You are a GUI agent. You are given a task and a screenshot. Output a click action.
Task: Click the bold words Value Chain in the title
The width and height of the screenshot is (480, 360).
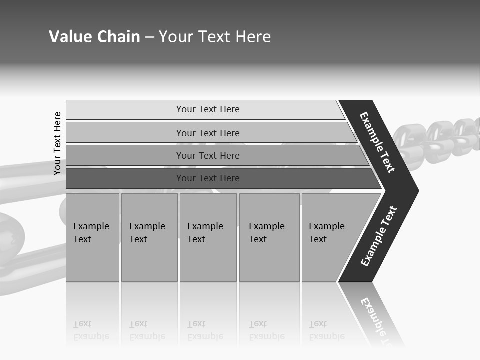point(94,37)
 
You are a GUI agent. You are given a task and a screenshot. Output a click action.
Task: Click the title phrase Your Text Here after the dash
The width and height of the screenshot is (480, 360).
point(215,37)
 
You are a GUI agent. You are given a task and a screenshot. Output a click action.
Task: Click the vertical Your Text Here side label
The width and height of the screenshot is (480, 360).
point(57,143)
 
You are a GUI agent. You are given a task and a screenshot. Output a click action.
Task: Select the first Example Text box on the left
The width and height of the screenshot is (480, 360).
point(92,237)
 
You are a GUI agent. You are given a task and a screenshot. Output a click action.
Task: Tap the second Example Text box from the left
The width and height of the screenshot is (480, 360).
point(149,237)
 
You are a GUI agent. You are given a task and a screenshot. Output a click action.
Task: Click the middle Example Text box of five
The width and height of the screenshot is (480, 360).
point(208,237)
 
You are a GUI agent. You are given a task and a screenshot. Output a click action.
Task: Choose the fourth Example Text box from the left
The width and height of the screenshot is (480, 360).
point(269,237)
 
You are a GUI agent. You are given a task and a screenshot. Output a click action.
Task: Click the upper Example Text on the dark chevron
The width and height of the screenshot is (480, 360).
point(377,142)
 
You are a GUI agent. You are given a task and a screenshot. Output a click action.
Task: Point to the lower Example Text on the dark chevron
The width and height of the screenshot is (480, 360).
point(379,236)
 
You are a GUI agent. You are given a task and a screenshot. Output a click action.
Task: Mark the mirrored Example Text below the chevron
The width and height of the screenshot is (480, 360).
point(377,320)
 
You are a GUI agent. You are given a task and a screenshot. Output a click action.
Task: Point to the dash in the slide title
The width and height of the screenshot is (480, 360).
point(149,37)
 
